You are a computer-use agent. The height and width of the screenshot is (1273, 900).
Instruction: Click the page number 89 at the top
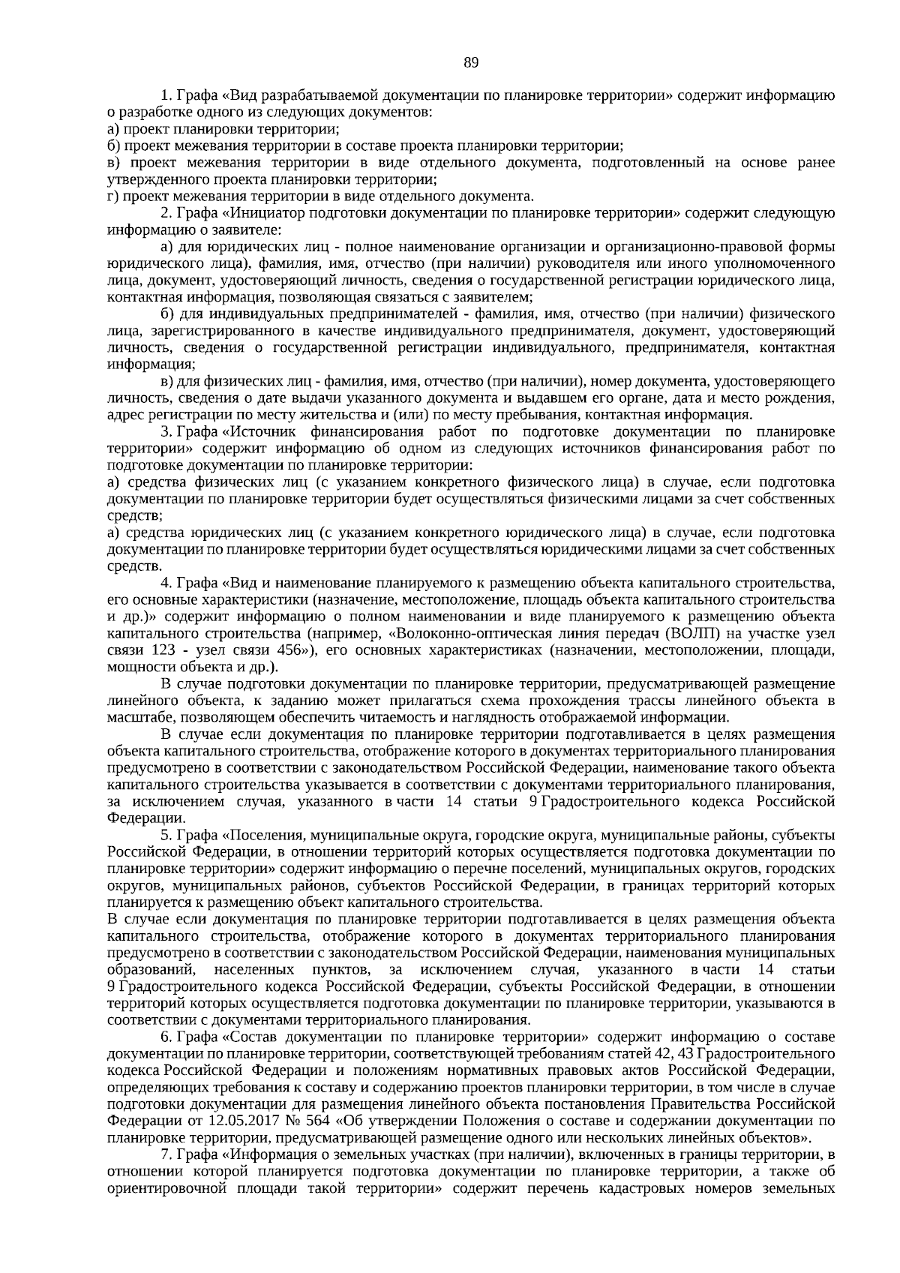(471, 62)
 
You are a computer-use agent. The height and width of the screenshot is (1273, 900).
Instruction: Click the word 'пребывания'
(544, 415)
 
